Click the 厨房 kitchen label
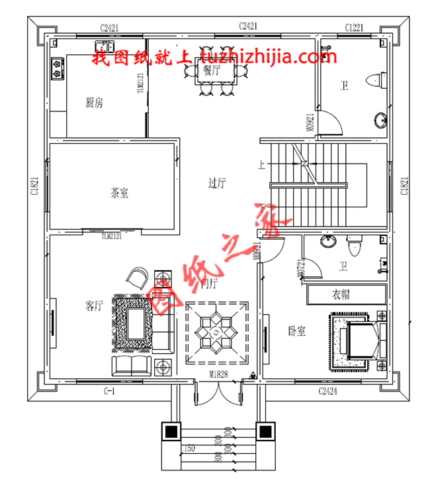click(x=95, y=103)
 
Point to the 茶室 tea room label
click(x=119, y=193)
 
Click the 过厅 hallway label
click(x=216, y=184)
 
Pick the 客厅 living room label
click(x=94, y=305)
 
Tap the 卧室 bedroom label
click(x=296, y=331)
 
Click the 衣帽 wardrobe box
click(x=346, y=294)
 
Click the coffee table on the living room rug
click(x=137, y=323)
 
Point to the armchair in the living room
click(x=138, y=278)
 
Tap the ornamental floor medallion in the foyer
click(x=218, y=332)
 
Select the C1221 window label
click(x=355, y=27)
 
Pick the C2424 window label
click(x=327, y=392)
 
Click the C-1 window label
click(x=110, y=392)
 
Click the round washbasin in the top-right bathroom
click(x=380, y=121)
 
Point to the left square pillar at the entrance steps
click(x=171, y=431)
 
